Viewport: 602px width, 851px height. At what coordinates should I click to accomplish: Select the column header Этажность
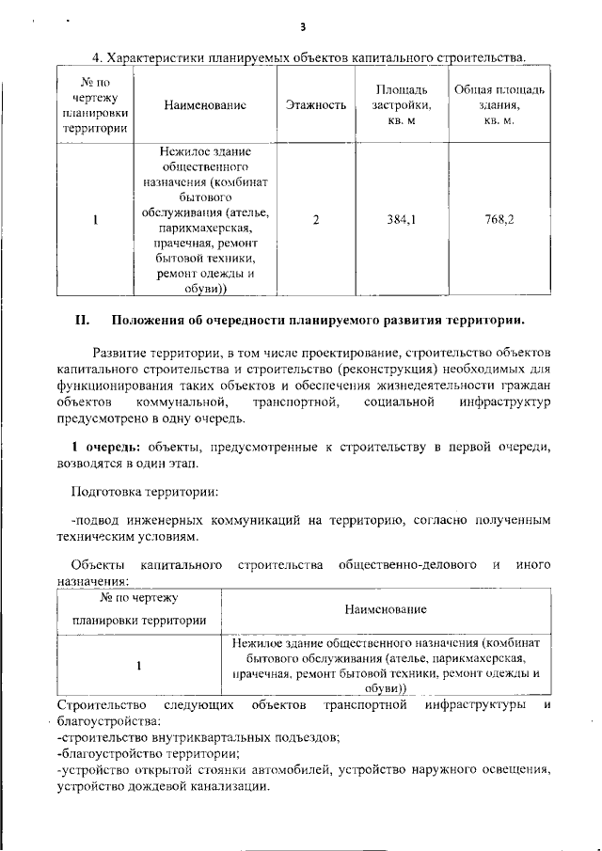tap(316, 105)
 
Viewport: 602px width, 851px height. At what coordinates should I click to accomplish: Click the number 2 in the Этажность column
tap(316, 220)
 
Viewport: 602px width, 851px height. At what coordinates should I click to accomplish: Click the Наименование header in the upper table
tap(204, 105)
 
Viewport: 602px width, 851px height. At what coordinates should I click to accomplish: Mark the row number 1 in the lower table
tap(138, 666)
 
